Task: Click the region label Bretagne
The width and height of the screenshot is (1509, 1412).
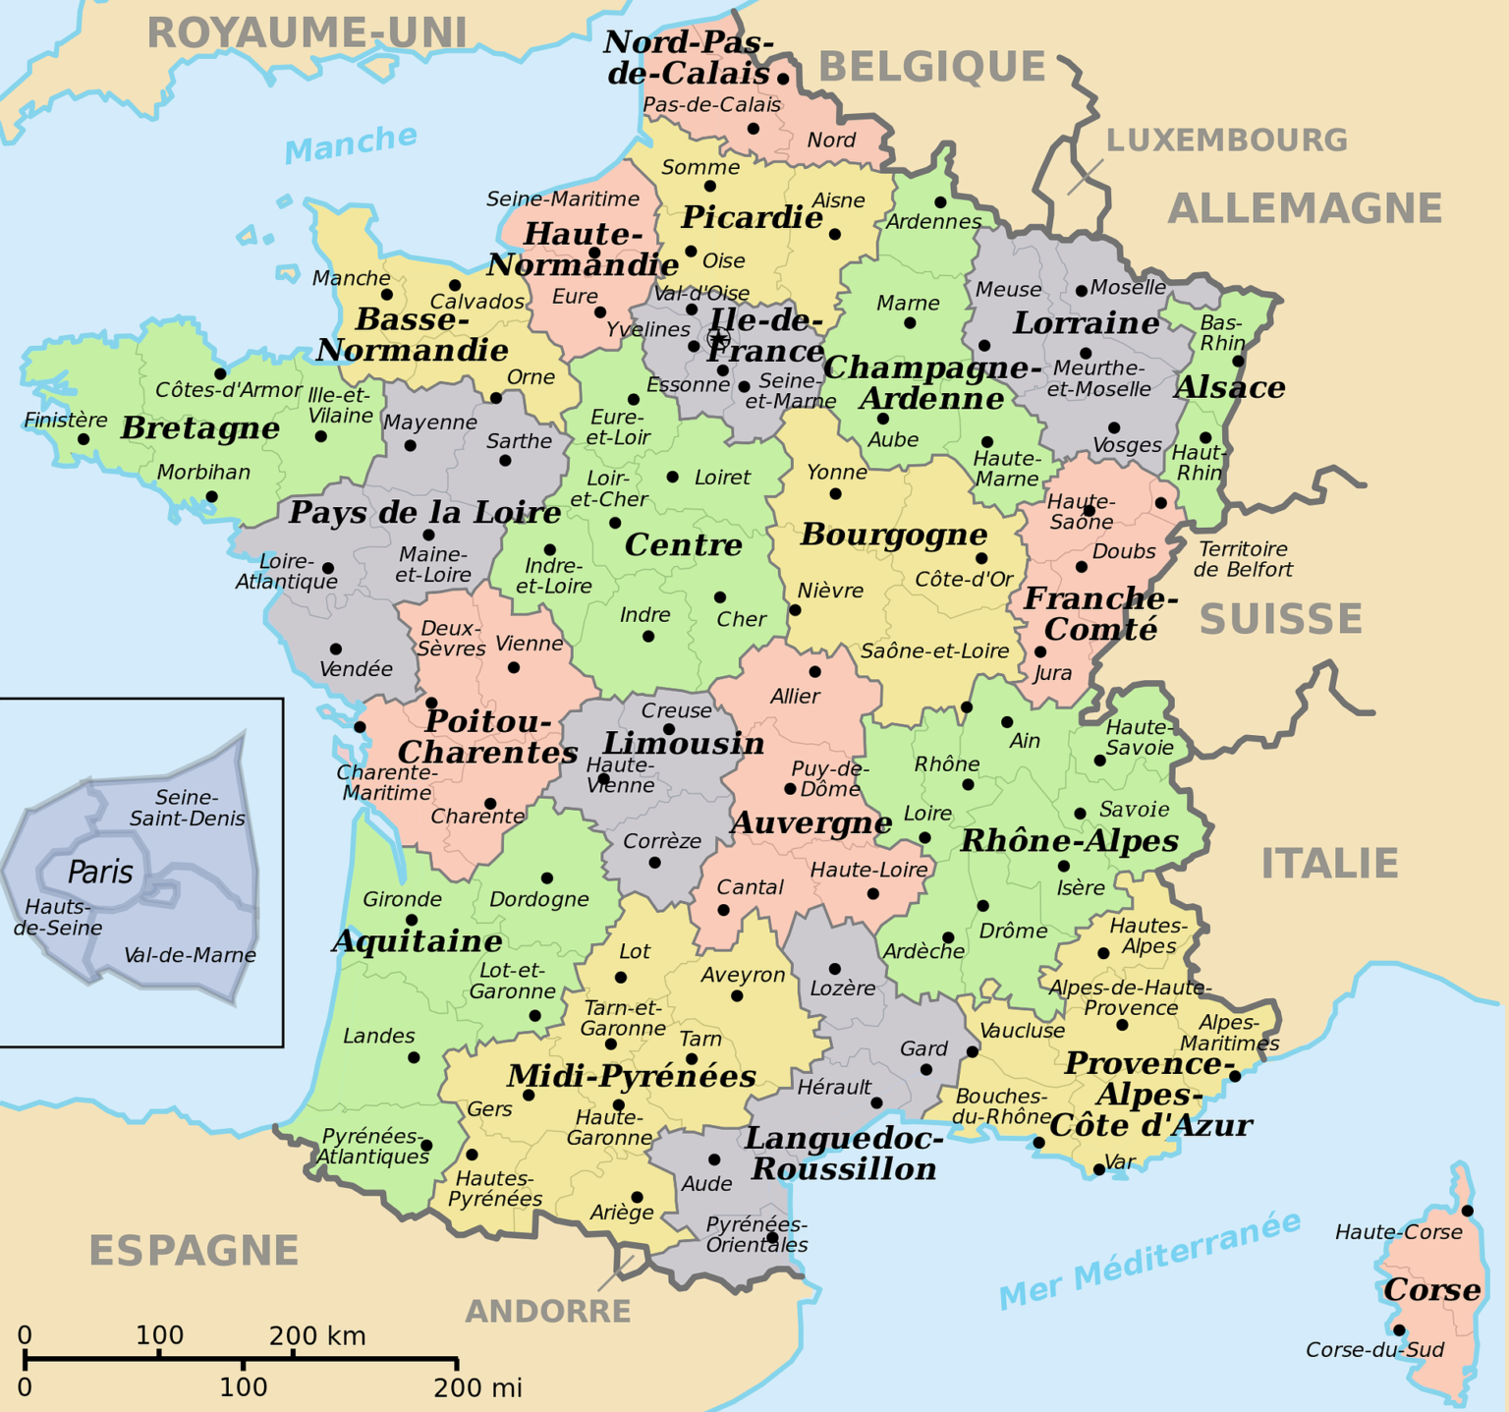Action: [199, 428]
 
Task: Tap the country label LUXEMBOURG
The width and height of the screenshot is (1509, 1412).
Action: [1226, 141]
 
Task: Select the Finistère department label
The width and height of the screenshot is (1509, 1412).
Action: [66, 421]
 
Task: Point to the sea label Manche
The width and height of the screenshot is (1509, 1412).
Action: [351, 143]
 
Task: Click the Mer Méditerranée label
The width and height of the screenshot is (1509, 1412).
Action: [1149, 1261]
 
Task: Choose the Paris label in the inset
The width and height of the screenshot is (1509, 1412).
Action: [100, 872]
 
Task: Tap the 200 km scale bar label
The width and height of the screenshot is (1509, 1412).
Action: [317, 1336]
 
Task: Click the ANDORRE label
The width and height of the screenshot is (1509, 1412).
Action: [547, 1311]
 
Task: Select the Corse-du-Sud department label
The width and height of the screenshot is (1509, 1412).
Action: [1374, 1350]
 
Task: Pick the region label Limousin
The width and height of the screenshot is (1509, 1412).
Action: [683, 744]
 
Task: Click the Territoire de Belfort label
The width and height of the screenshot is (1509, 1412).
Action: [1243, 559]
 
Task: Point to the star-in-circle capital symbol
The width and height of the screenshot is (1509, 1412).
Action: [718, 339]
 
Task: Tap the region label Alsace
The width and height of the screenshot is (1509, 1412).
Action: [1230, 388]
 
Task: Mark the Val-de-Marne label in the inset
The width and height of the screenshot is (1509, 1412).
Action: [190, 955]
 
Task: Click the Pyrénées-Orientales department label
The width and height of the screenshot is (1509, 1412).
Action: [756, 1234]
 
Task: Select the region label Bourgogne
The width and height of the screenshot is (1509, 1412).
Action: [893, 535]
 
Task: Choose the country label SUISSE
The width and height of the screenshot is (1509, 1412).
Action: [1280, 619]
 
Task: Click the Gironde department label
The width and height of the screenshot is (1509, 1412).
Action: [402, 899]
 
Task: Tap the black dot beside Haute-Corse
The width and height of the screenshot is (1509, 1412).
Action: [1467, 1211]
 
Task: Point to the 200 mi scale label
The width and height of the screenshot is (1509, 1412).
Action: [477, 1387]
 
